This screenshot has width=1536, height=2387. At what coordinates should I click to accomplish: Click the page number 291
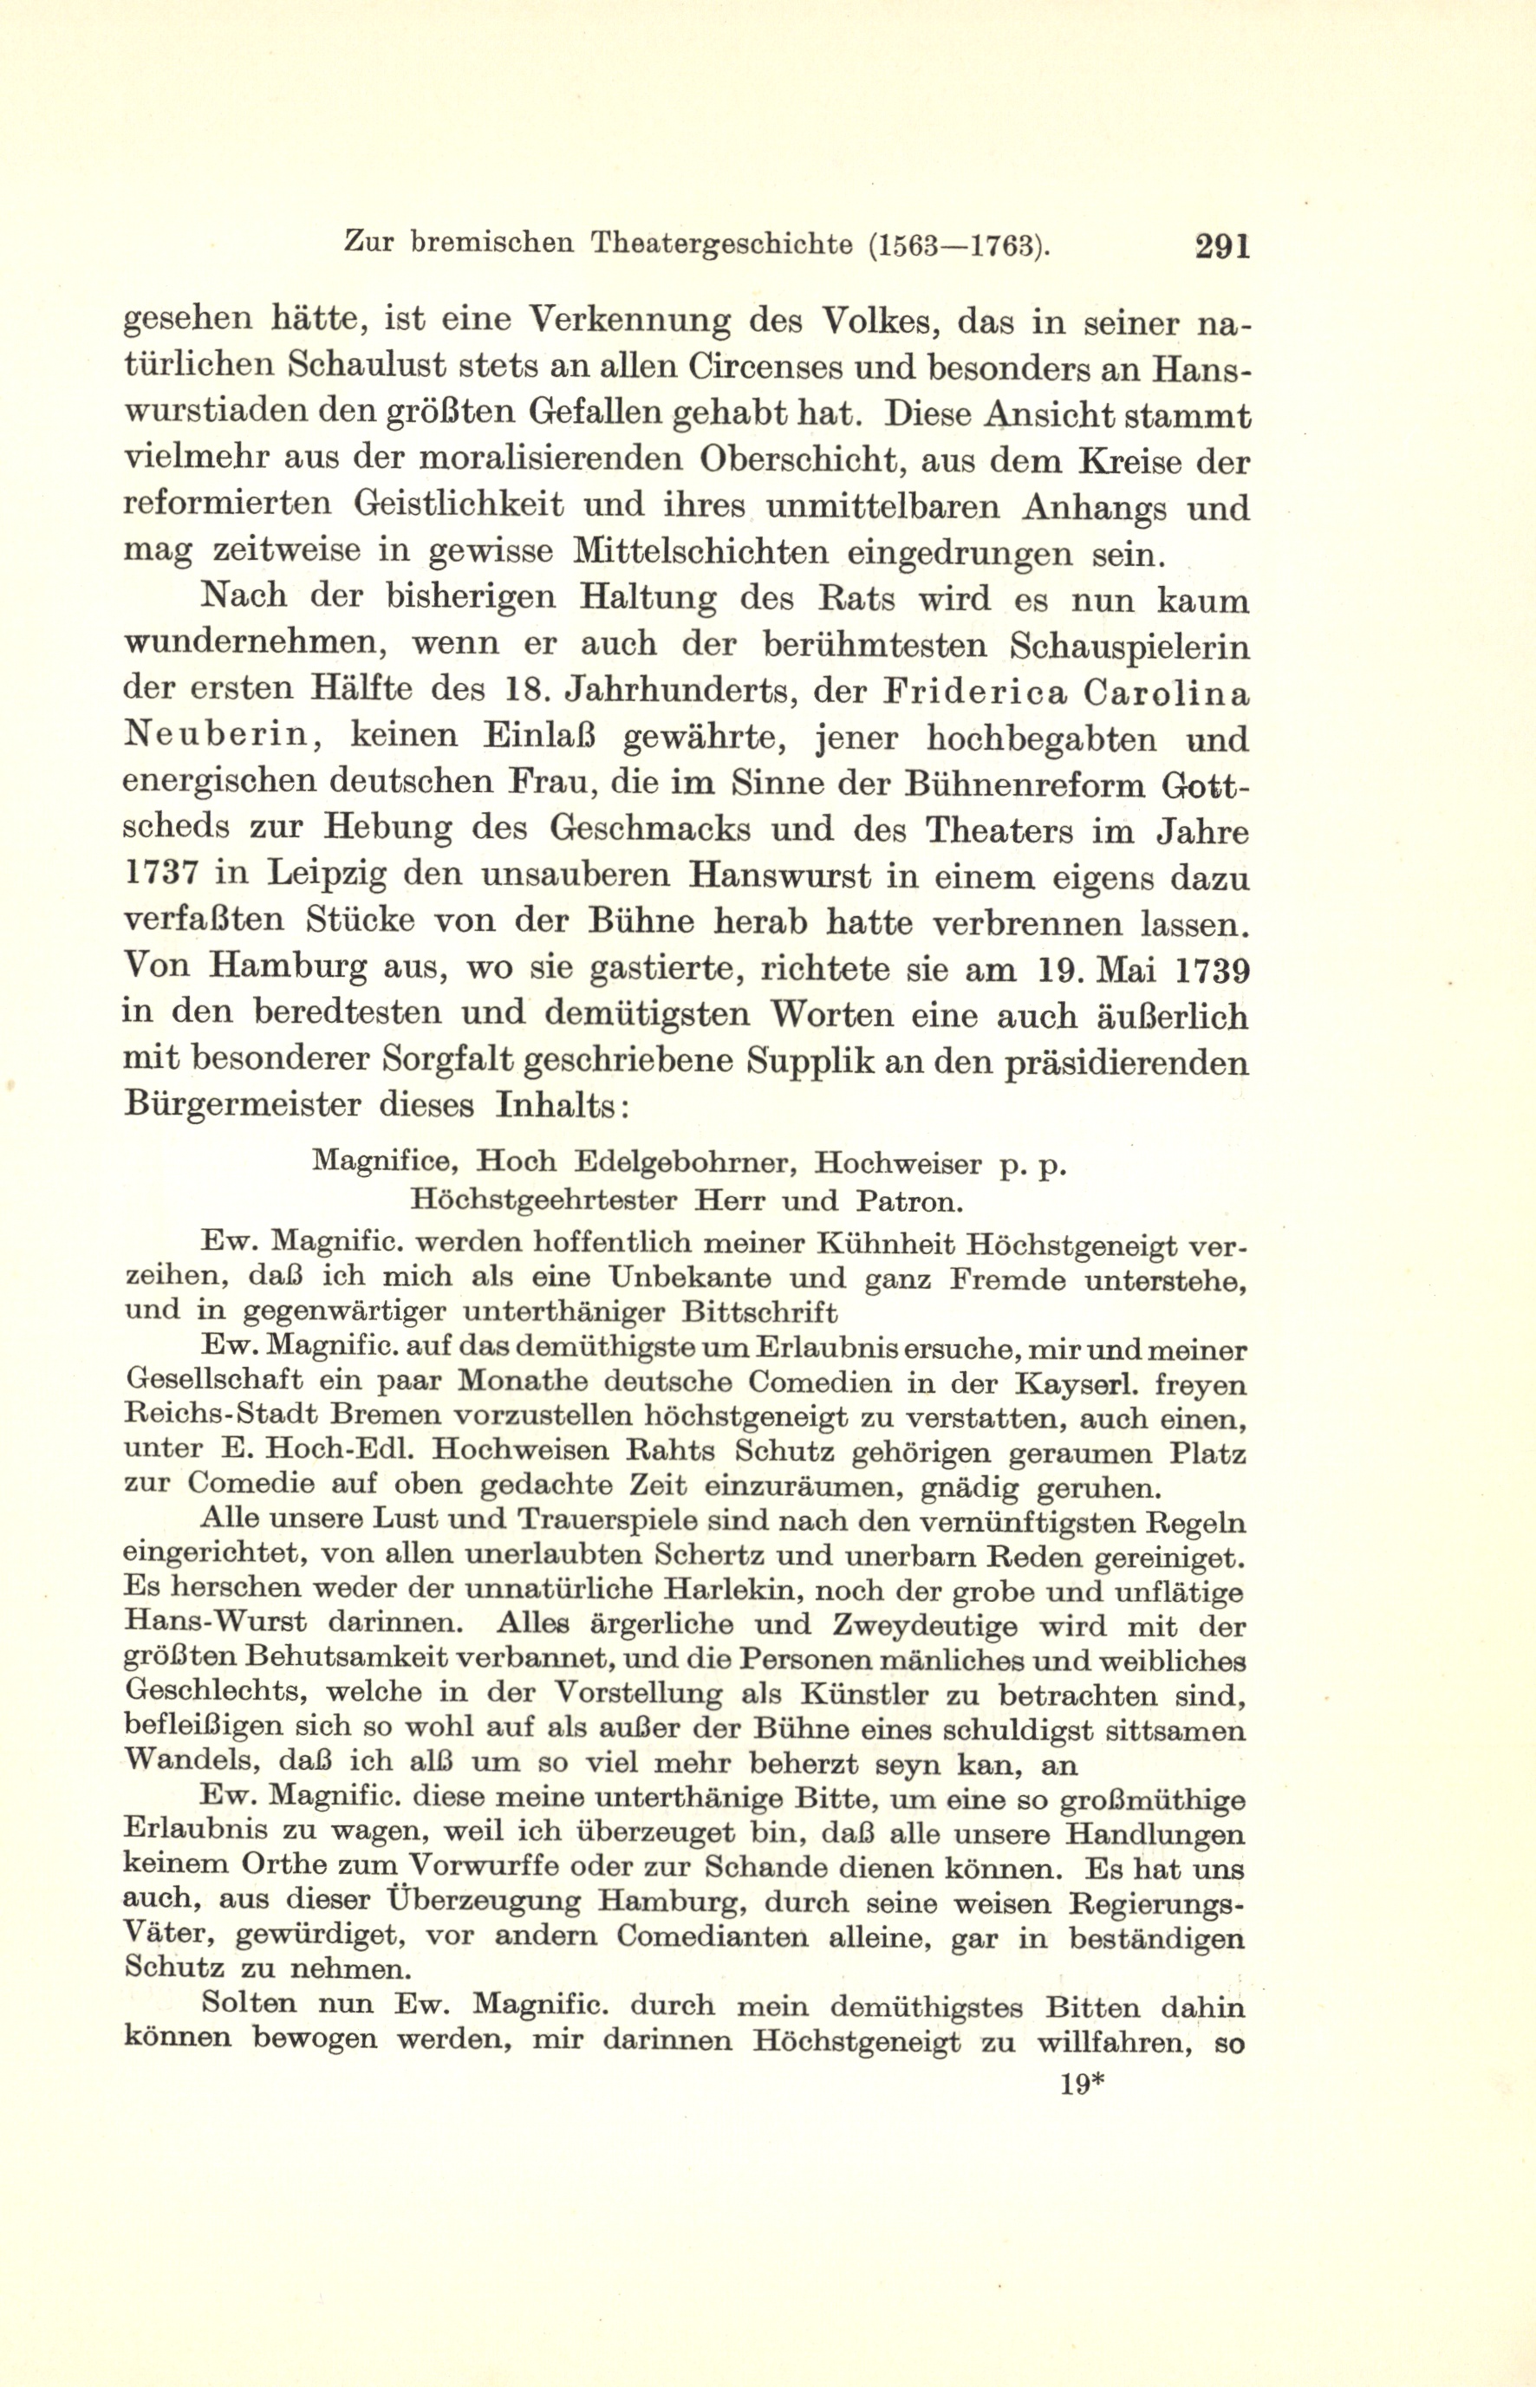click(x=1222, y=245)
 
